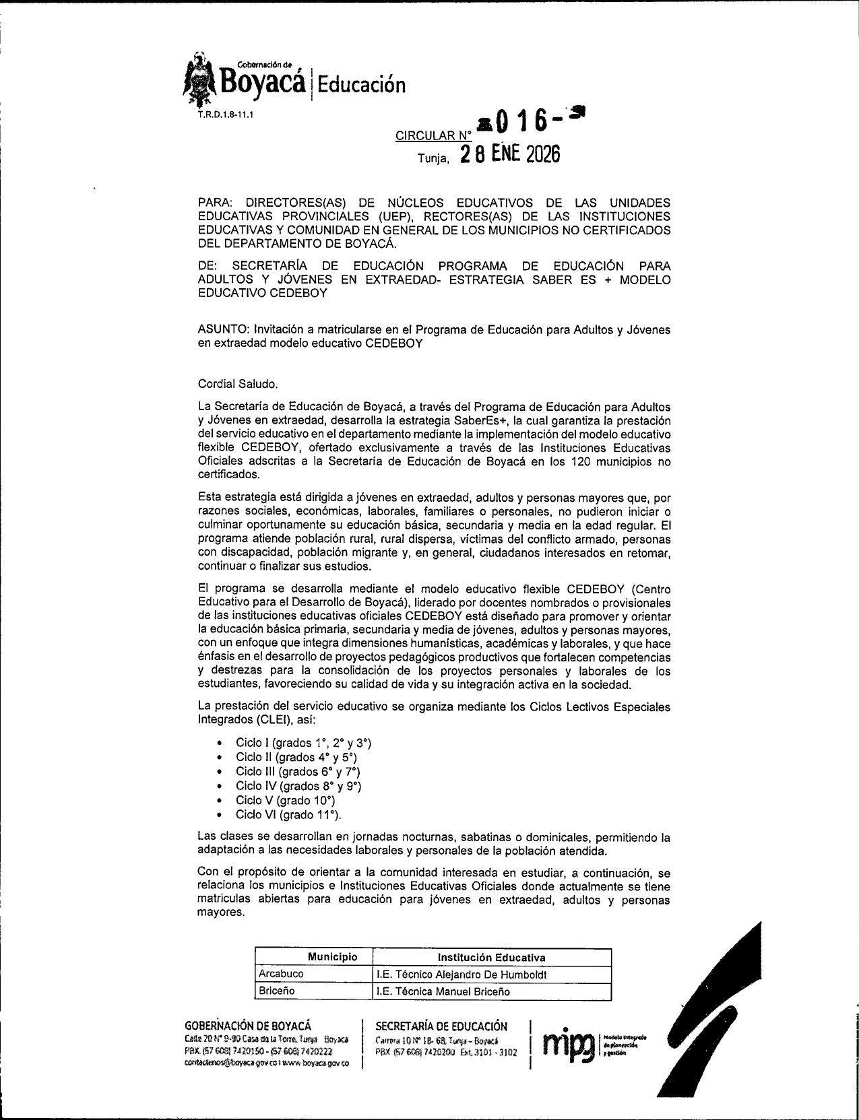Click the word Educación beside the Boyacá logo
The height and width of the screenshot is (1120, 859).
tap(362, 84)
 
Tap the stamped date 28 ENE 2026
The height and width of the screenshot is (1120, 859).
tap(509, 155)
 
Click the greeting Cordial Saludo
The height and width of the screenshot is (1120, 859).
tap(238, 384)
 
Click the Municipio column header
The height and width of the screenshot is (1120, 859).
tap(333, 957)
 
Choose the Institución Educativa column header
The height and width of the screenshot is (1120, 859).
tap(491, 958)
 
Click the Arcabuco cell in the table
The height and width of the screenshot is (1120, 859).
tap(281, 974)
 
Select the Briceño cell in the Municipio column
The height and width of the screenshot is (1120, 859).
tap(277, 991)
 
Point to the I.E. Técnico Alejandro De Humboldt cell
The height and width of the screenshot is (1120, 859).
tap(462, 975)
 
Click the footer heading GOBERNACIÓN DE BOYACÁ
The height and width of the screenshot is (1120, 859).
tap(248, 1026)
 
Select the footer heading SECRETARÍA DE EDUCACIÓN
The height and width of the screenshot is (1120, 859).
tap(441, 1026)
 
